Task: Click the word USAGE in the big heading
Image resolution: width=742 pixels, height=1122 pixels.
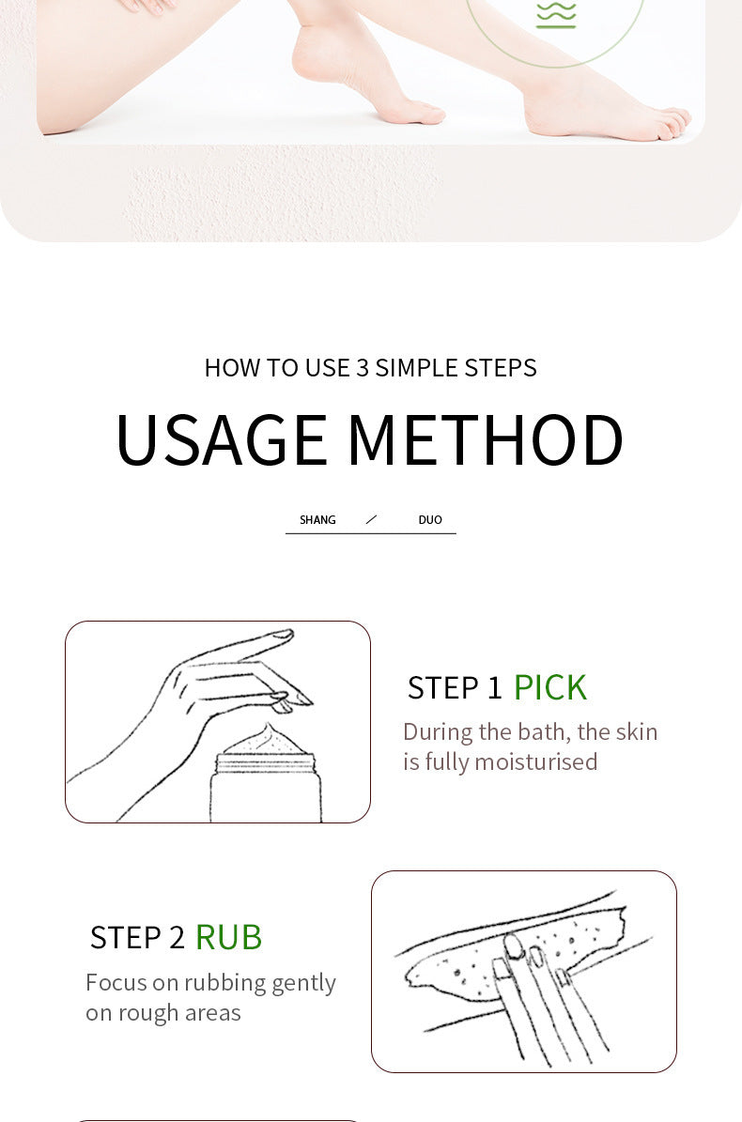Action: click(x=221, y=439)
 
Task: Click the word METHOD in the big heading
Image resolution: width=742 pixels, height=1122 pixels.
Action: click(x=486, y=439)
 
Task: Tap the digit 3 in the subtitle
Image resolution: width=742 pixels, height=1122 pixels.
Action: click(x=363, y=368)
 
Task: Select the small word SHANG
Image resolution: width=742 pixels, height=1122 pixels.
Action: click(x=317, y=520)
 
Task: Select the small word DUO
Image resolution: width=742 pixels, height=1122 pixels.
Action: click(x=430, y=520)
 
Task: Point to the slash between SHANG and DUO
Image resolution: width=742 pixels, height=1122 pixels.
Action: click(x=371, y=519)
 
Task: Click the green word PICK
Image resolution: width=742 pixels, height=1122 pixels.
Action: click(x=550, y=687)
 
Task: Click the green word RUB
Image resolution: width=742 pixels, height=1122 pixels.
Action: click(x=228, y=937)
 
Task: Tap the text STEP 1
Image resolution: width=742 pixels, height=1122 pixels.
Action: click(x=456, y=687)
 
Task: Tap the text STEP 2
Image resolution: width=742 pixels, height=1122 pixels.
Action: click(x=137, y=937)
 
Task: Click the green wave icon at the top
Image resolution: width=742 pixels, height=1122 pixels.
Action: click(x=556, y=14)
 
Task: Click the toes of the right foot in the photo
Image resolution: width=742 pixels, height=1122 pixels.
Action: click(x=672, y=122)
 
